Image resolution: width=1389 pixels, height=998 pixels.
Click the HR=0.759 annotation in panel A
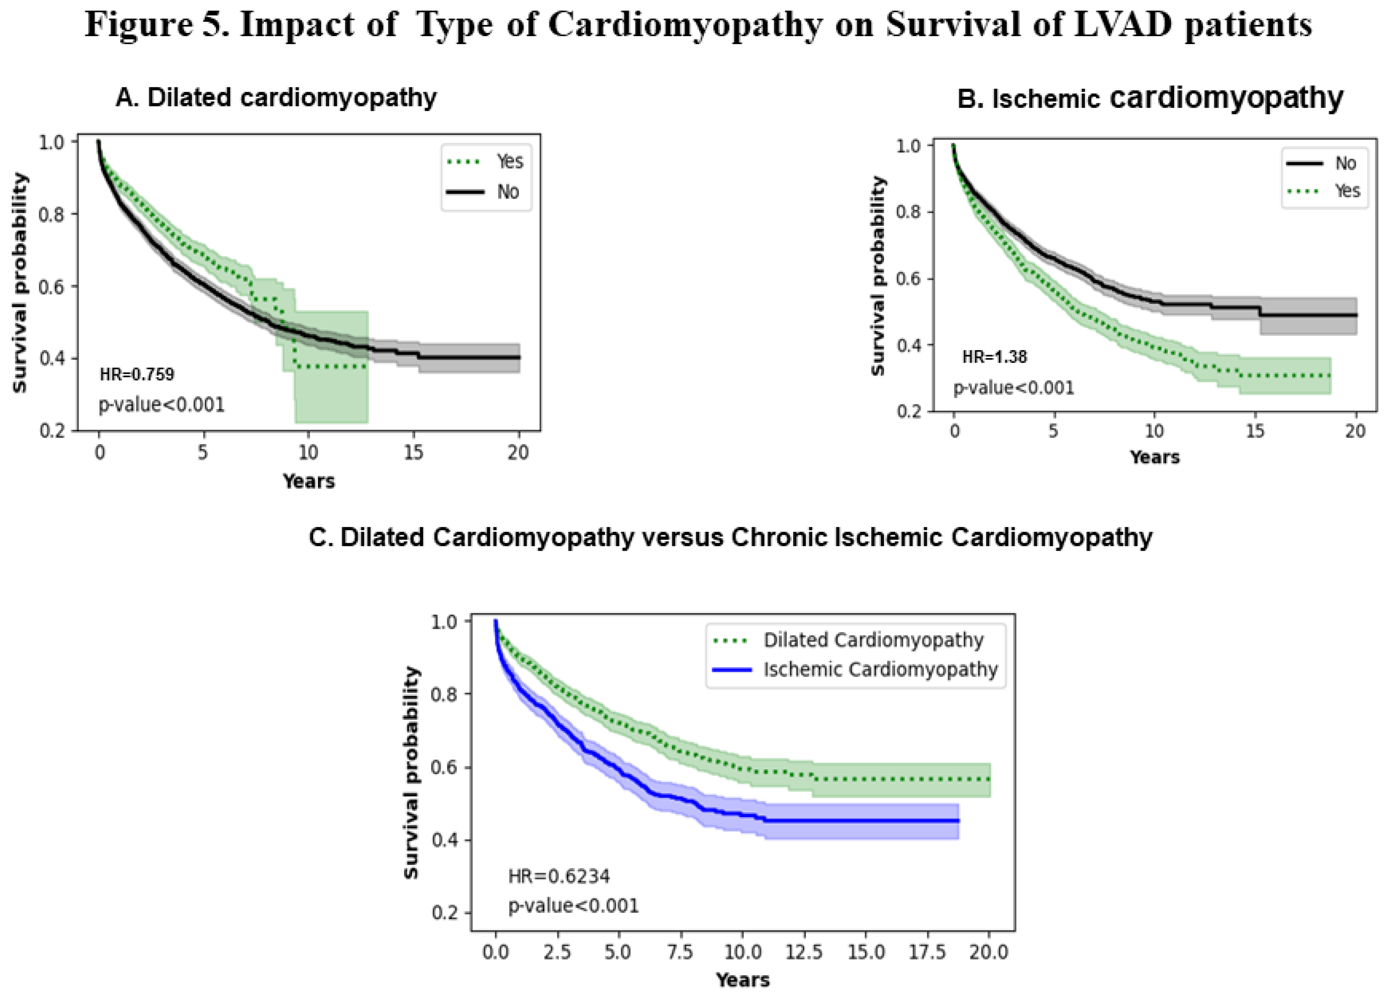pos(137,374)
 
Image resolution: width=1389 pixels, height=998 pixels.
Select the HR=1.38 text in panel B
pos(994,357)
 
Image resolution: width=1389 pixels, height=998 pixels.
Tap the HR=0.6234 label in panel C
pos(559,877)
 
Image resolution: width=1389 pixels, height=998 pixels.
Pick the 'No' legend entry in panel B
pos(1345,163)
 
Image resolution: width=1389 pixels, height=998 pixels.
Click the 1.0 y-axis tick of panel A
pos(52,143)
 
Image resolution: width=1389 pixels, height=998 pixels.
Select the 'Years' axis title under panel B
pos(1154,458)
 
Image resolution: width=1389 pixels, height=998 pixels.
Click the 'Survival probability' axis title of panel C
pos(412,773)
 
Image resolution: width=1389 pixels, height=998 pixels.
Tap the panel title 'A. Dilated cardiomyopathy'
pos(276,98)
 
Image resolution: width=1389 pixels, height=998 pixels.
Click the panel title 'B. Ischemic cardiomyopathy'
pos(1150,98)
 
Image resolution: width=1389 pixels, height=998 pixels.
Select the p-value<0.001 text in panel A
pos(162,405)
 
